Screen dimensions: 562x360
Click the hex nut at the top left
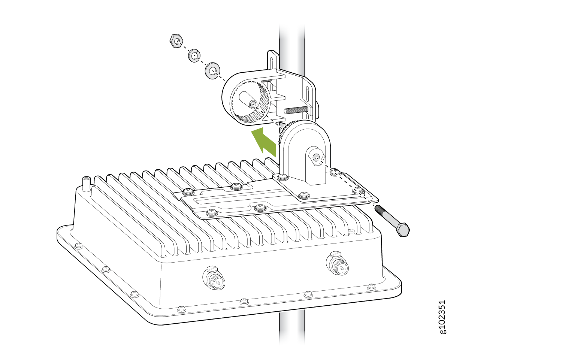[176, 40]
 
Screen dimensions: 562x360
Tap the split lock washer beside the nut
[194, 56]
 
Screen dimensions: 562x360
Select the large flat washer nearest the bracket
[212, 71]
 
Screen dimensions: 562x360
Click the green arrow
[264, 142]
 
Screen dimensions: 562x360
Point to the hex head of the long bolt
[402, 229]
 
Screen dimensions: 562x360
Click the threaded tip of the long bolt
[378, 209]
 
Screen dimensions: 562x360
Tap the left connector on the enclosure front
[214, 278]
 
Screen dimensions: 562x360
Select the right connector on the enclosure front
[338, 264]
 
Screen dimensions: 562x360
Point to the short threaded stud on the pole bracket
[296, 110]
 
